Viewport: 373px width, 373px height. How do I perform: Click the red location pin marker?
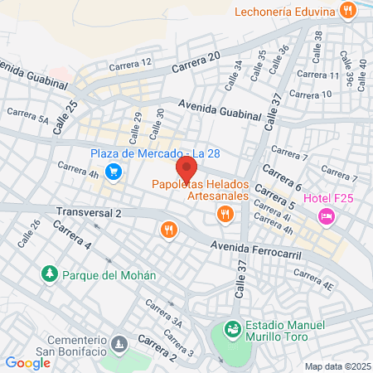[x=186, y=169]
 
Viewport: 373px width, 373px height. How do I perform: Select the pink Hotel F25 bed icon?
[x=327, y=216]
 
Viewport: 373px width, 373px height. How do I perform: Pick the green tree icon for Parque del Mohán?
[x=50, y=274]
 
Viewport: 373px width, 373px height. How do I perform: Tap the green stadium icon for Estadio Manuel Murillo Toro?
[x=234, y=330]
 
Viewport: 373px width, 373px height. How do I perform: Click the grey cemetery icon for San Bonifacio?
[x=119, y=342]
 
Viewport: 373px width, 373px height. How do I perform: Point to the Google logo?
[x=27, y=362]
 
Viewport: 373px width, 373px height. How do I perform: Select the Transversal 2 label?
[x=89, y=213]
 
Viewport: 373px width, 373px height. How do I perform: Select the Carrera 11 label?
[x=317, y=75]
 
